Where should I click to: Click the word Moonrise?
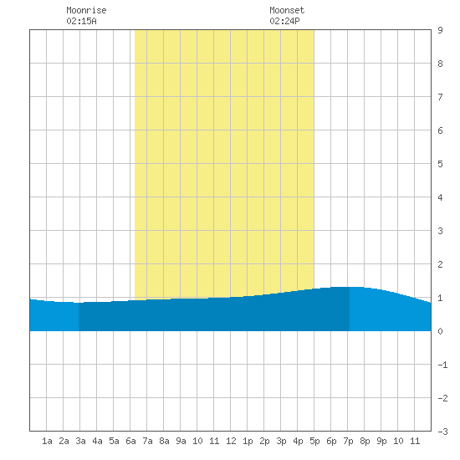86,10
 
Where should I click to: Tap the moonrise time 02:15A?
82,21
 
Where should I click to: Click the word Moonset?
287,10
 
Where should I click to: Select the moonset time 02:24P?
284,21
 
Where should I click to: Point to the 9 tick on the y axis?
440,30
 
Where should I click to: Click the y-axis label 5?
440,164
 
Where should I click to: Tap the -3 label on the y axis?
442,432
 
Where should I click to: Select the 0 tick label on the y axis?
440,331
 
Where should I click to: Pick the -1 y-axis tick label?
442,365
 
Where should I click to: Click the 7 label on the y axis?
440,97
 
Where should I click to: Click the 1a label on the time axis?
47,441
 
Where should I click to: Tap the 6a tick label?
130,441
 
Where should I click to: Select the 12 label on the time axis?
231,441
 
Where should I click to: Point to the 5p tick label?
314,441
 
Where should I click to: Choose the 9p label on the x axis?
381,441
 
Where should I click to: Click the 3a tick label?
80,441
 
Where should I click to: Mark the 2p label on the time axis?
264,441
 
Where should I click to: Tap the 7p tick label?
348,441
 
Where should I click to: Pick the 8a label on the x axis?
164,441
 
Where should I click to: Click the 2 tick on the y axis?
440,264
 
